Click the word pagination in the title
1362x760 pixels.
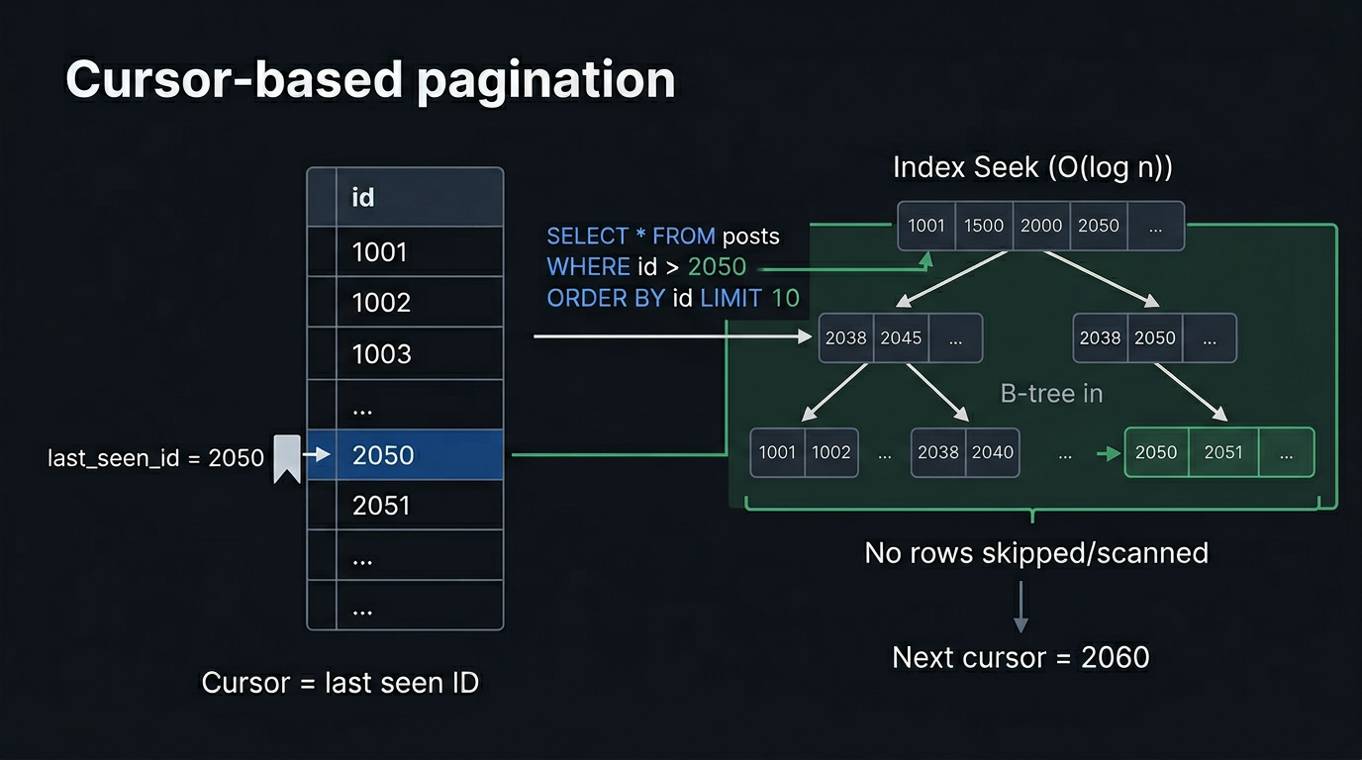point(545,80)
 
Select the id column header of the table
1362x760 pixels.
point(363,197)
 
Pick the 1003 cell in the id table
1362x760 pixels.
point(381,353)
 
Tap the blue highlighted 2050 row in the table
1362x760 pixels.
point(405,455)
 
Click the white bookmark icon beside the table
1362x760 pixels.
point(287,458)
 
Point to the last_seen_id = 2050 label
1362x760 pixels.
point(155,458)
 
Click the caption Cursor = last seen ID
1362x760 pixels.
point(340,683)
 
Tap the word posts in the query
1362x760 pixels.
point(750,237)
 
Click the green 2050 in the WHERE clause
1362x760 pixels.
point(717,267)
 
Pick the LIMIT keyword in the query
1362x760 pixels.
point(730,298)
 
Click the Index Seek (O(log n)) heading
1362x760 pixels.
point(1032,167)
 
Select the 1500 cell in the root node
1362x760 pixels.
point(984,226)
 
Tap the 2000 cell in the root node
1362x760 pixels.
point(1041,226)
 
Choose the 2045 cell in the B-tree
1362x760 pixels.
point(901,338)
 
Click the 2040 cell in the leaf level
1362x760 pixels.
point(992,452)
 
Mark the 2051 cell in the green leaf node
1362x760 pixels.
point(1223,452)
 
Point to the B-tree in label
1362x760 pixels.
point(1051,394)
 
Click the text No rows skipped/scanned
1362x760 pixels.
point(1036,552)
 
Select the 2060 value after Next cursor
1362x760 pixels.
point(1116,657)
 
